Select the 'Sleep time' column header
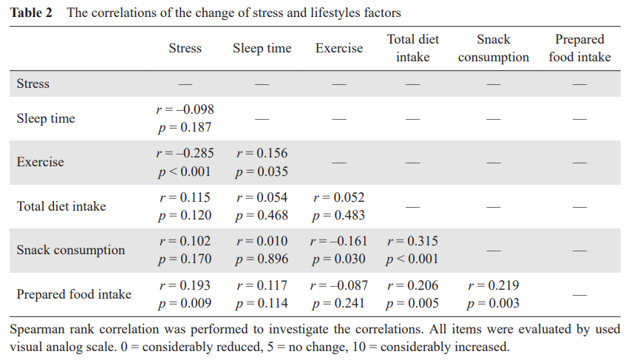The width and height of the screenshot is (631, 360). (262, 49)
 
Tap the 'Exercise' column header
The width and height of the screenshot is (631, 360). (339, 49)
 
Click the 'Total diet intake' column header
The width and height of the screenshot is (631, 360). (412, 48)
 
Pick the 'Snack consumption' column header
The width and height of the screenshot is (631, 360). (494, 48)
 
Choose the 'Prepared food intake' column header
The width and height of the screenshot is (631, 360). (580, 48)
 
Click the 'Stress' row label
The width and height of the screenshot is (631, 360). (33, 84)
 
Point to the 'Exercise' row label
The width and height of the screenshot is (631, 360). (41, 162)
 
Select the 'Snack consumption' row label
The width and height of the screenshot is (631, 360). (71, 250)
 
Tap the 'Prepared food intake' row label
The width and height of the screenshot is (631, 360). (74, 294)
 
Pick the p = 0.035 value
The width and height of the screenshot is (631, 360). (262, 171)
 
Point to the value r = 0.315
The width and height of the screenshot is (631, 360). (412, 242)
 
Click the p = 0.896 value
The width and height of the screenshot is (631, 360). (262, 259)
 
